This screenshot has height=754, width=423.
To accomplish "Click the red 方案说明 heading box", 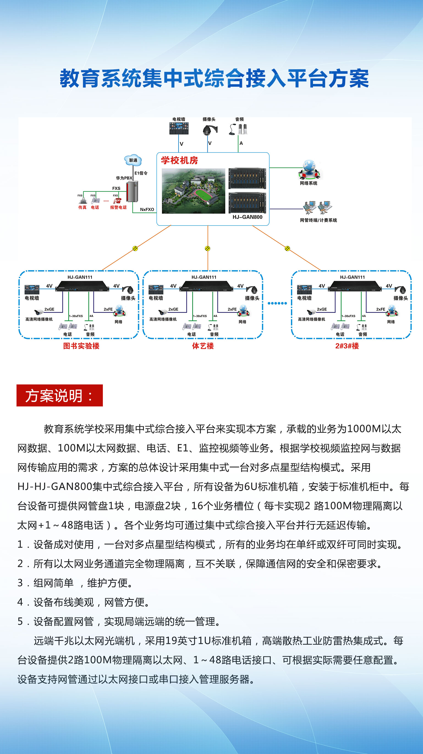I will (59, 395).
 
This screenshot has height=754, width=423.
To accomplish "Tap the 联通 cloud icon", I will (133, 160).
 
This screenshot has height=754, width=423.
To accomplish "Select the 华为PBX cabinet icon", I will (132, 192).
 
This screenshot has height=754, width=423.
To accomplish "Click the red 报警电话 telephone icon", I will (117, 201).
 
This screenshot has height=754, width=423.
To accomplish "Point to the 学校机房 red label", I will (179, 160).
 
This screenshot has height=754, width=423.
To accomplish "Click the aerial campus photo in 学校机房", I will (193, 191).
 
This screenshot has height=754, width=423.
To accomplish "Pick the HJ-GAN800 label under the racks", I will (248, 217).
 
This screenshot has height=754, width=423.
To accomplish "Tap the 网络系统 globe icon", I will (309, 170).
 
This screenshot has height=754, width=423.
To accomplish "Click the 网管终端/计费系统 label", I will (318, 220).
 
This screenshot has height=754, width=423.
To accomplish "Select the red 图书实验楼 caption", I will (81, 346).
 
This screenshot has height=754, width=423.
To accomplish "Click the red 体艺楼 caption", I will (203, 346).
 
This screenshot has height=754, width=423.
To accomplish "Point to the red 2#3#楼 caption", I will (347, 346).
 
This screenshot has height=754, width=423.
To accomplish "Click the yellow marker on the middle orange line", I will (207, 248).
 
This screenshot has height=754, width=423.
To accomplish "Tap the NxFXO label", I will (147, 210).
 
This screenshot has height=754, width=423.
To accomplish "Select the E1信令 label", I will (141, 173).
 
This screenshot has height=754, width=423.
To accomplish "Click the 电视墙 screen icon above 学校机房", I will (179, 129).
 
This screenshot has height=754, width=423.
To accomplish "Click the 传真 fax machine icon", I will (83, 201).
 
